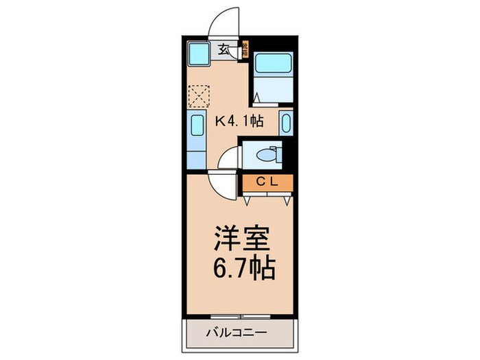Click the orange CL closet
click(267, 182)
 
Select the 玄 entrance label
click(224, 49)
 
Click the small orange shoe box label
click(245, 49)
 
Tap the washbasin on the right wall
click(286, 123)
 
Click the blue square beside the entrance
click(200, 52)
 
